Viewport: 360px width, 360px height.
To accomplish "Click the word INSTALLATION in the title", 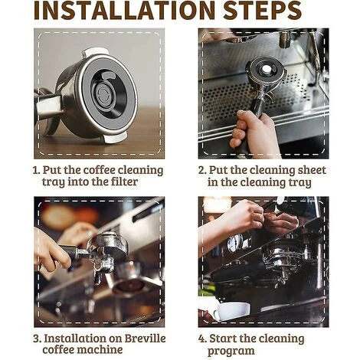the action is point(124,10).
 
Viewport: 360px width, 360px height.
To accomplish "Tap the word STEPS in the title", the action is point(263,10).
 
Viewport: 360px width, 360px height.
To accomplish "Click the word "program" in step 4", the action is point(231,351).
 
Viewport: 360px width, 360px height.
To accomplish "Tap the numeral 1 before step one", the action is point(36,170).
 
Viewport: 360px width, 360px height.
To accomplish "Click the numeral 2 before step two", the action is point(202,170).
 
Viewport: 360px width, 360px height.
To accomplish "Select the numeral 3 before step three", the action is point(38,339).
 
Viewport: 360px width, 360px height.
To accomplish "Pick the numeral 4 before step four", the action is point(202,339).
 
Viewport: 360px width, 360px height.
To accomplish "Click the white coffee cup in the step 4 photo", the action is point(231,311).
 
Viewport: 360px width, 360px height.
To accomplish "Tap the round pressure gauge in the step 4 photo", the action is point(235,242).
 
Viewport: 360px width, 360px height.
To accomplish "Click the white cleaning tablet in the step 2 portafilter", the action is point(266,68).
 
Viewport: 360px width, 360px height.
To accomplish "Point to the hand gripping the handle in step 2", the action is point(252,133).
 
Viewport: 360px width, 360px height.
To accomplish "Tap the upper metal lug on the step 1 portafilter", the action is point(95,52).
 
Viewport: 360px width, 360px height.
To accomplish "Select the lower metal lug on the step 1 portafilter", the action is point(116,138).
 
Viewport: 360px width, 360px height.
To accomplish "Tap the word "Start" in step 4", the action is point(222,339).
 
